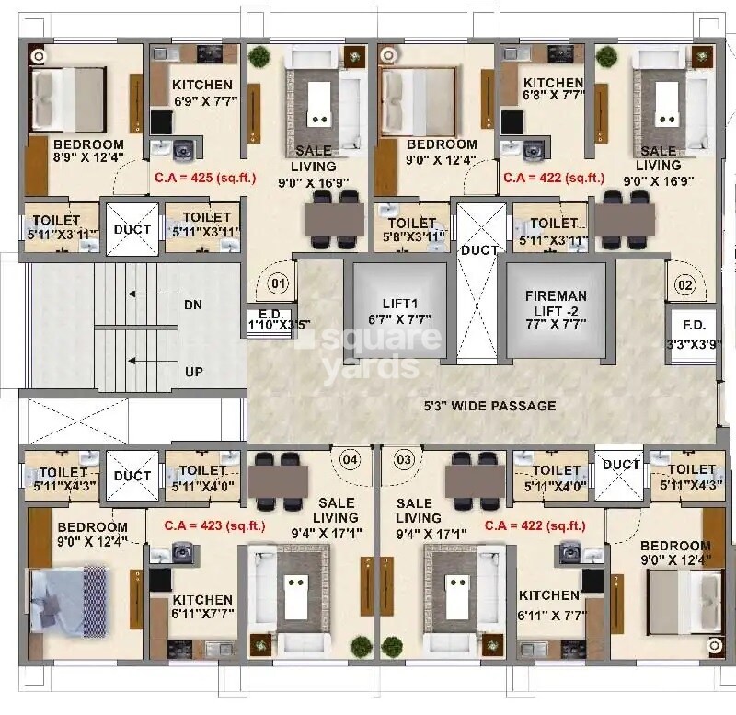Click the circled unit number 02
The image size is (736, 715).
click(x=684, y=284)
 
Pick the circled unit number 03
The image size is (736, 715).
click(x=403, y=457)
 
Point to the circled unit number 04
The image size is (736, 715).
click(x=351, y=457)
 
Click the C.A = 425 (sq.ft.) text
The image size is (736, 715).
click(x=205, y=179)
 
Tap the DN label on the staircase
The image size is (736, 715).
click(x=193, y=305)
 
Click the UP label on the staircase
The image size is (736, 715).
click(x=193, y=372)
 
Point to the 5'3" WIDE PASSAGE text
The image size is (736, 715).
click(x=489, y=406)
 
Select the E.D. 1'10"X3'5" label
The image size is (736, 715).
click(x=267, y=318)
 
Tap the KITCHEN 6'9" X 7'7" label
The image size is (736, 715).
click(x=202, y=93)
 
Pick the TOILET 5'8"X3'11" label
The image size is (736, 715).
click(x=411, y=229)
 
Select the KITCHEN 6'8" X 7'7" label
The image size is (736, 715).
click(x=552, y=89)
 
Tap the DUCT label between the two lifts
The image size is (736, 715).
click(x=479, y=250)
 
